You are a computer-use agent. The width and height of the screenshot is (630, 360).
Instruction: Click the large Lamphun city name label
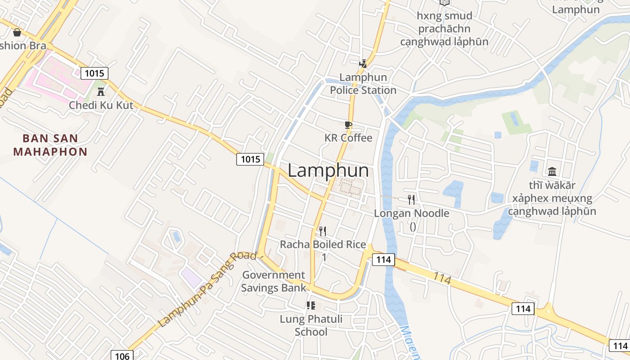coord(328,171)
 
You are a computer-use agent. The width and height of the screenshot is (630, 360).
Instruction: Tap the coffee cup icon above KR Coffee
coord(348,125)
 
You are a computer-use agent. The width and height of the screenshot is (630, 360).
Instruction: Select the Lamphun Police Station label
coord(363,84)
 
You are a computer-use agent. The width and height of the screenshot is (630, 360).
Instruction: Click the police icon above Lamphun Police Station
coord(363,64)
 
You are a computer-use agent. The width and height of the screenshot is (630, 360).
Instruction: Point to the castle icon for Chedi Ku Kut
coord(101,91)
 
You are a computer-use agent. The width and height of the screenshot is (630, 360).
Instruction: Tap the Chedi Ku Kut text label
coord(101,105)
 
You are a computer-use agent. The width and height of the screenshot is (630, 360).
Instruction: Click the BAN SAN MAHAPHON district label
coord(50,145)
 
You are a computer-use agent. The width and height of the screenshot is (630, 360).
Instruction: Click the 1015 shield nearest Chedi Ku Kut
coord(94,73)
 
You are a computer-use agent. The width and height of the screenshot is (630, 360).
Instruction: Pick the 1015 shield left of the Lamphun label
coord(250,159)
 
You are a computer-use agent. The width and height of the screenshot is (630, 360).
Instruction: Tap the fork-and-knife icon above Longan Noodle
coord(411,199)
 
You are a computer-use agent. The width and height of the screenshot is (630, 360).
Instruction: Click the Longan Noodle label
coord(412,213)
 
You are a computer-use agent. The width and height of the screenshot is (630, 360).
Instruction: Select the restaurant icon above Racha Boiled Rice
coord(323,231)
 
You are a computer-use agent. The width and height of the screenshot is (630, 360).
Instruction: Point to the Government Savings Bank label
coord(274,281)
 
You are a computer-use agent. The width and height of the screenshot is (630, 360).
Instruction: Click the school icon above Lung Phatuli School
coord(310,306)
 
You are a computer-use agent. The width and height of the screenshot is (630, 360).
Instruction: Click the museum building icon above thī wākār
coord(552,171)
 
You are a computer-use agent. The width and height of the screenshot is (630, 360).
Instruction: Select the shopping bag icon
coord(17,32)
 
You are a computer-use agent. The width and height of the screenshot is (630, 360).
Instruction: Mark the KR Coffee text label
coord(348,138)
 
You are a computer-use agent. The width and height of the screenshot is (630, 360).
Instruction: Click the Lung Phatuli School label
coord(311,325)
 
